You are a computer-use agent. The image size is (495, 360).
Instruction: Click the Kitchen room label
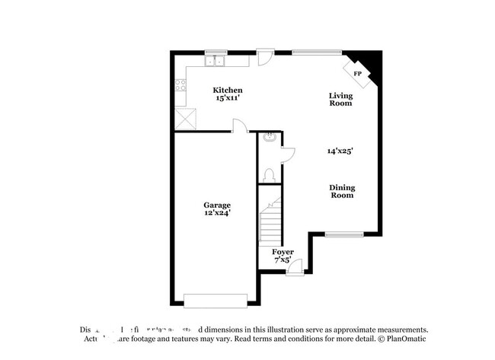[227, 91]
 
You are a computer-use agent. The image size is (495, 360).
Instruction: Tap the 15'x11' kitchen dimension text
[227, 99]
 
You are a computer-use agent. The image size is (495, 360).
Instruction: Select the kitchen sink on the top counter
[216, 61]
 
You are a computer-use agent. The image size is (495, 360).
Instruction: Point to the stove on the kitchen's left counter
[180, 86]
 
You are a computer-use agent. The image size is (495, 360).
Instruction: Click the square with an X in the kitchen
[185, 119]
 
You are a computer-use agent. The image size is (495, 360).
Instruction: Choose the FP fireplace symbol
[358, 73]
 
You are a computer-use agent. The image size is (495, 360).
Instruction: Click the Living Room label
[340, 99]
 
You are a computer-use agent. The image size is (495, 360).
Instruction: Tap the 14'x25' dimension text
[340, 151]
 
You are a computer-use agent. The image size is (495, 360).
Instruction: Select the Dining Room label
[342, 191]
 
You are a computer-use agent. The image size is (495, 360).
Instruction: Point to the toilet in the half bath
[268, 175]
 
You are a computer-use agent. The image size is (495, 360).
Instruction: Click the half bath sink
[269, 138]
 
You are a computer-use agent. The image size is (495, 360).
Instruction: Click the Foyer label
[283, 252]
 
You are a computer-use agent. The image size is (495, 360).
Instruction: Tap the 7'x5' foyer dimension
[282, 260]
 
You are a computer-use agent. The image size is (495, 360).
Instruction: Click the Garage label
[217, 205]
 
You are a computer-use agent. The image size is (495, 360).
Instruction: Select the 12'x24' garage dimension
[217, 214]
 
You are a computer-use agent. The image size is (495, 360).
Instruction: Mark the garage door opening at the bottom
[216, 300]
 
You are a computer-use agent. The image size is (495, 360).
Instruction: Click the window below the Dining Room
[343, 234]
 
